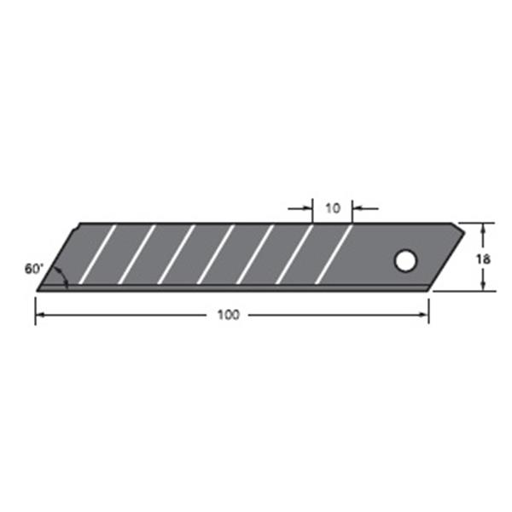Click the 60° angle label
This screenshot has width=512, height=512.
(34, 270)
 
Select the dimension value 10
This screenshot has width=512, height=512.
(333, 208)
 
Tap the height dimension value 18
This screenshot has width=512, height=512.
(483, 259)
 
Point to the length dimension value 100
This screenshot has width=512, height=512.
(228, 315)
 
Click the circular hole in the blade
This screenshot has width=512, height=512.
(405, 260)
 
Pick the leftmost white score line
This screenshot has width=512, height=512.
(97, 254)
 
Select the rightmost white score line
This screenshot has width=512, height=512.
(334, 254)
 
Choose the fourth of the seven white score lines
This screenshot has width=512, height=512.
(216, 254)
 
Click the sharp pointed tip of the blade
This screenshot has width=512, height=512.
(38, 290)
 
